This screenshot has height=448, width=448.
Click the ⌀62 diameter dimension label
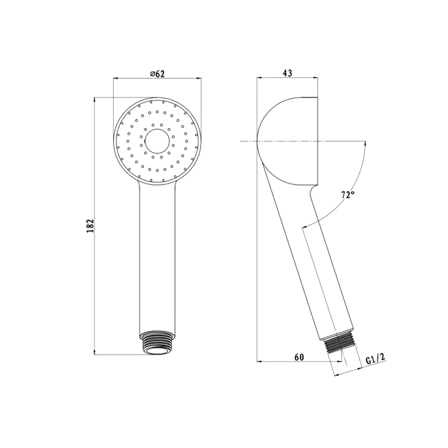[x=157, y=73]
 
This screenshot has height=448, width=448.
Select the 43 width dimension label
[x=287, y=73]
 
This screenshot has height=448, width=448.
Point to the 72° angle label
[x=348, y=195]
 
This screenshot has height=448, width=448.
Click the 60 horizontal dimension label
[x=299, y=357]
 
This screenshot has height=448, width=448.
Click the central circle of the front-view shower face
[x=157, y=141]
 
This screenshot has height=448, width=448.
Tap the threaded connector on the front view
[x=157, y=343]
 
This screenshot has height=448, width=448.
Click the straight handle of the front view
[x=157, y=257]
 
